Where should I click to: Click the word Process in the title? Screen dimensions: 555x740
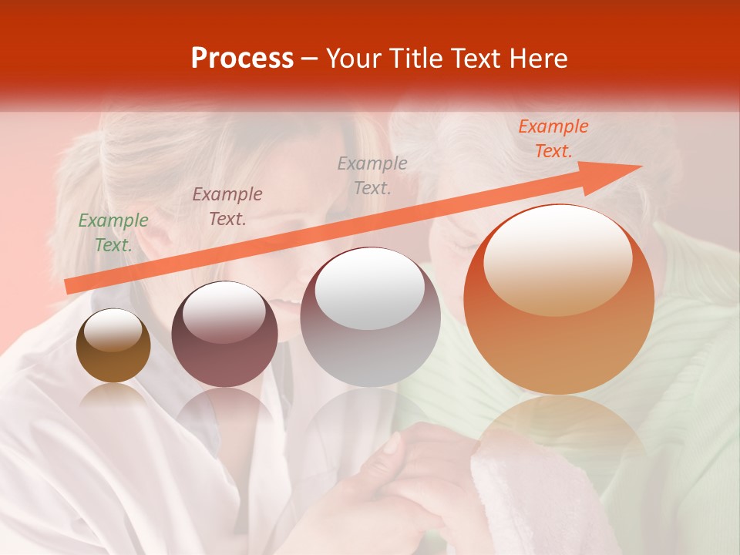pyautogui.click(x=242, y=59)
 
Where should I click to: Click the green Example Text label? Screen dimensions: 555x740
pyautogui.click(x=113, y=233)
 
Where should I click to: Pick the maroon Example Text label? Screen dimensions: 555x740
pyautogui.click(x=227, y=207)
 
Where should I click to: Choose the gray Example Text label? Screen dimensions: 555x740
pyautogui.click(x=372, y=175)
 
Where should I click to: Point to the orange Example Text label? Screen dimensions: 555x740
pyautogui.click(x=553, y=139)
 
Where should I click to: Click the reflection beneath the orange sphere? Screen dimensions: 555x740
pyautogui.click(x=560, y=432)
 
